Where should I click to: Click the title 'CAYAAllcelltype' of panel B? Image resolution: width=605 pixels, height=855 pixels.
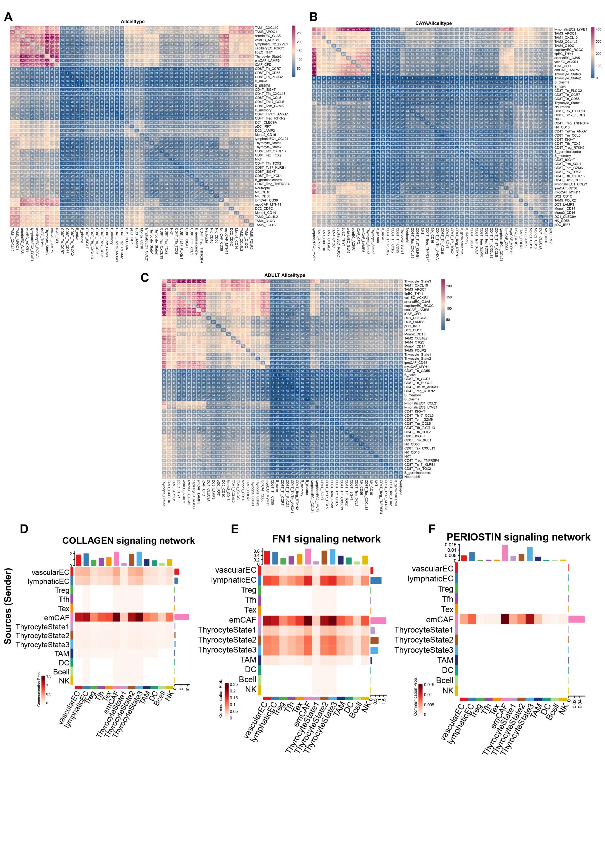click(433, 23)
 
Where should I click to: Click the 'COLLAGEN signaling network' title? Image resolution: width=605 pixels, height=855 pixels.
click(128, 540)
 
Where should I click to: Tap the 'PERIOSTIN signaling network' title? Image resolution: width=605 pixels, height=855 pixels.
click(518, 537)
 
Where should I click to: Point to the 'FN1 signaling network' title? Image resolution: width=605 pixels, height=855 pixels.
click(326, 539)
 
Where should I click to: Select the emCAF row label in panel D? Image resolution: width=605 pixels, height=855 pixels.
click(57, 618)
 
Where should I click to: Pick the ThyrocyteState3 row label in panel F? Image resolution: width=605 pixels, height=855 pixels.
click(424, 650)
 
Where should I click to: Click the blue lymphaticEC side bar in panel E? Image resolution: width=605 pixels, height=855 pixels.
click(376, 580)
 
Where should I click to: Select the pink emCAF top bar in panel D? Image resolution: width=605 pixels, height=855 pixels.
click(116, 558)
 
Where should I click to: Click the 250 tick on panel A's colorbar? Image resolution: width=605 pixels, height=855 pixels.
click(299, 33)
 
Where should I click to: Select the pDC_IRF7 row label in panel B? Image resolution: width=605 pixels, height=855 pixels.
click(562, 225)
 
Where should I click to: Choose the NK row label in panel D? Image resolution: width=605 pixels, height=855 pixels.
click(65, 681)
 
